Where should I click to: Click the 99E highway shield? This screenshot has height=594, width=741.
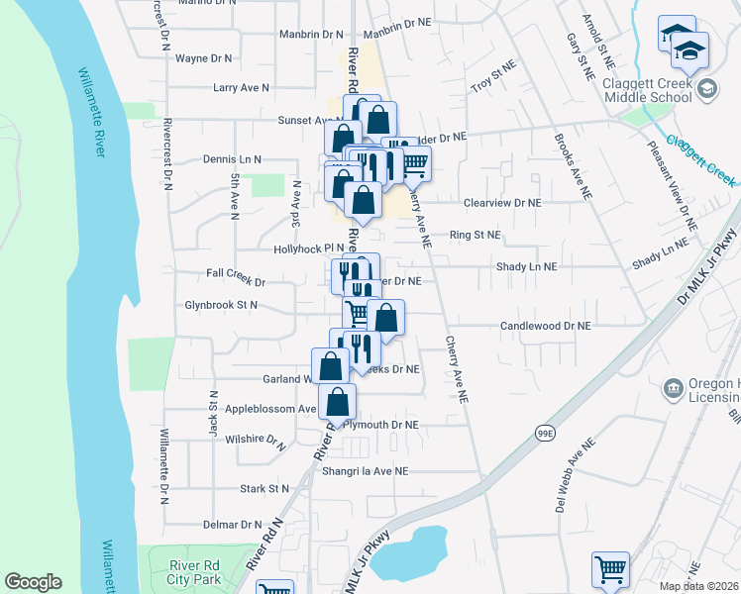point(544,433)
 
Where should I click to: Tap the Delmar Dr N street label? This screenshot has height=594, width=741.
point(229,525)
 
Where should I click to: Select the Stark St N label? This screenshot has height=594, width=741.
point(265,489)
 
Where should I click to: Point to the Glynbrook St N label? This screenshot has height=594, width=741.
point(220,306)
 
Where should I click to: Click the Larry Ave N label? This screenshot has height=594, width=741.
point(242,88)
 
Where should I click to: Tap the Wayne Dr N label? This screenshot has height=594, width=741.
point(204,58)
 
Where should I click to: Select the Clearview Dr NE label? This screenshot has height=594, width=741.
point(503,202)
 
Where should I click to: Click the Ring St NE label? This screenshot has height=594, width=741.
point(476,236)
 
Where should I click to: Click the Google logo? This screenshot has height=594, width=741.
point(33,582)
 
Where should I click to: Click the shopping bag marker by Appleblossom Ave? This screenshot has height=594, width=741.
point(338,402)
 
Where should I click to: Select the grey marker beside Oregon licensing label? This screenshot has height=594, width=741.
point(674,387)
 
